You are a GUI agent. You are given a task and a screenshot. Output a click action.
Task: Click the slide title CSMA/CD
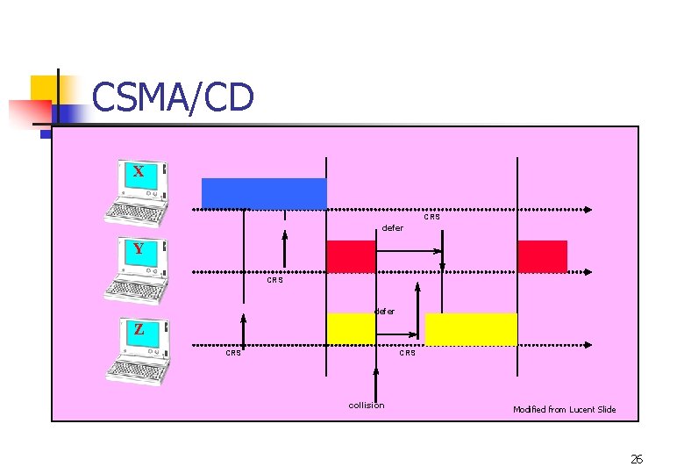pos(173,97)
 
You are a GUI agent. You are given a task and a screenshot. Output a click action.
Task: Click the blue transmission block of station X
pos(264,193)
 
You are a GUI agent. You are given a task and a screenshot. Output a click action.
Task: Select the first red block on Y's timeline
pos(351,256)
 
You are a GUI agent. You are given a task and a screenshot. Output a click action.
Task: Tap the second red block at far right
pos(542,256)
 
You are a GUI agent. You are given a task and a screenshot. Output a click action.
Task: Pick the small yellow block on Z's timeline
pos(351,328)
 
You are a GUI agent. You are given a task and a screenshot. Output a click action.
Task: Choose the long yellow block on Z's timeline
pos(471,329)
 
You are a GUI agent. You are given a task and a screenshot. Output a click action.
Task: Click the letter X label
pos(139,171)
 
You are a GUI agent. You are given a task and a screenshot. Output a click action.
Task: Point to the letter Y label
pos(139,249)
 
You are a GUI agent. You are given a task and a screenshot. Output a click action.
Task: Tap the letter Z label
pos(139,330)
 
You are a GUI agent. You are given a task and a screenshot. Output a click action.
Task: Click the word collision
pos(367,406)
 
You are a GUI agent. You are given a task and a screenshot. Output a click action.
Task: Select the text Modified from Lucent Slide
pos(564,409)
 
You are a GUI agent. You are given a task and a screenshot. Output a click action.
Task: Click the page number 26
pos(637,459)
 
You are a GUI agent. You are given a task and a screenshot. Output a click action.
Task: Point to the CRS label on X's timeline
pos(432,217)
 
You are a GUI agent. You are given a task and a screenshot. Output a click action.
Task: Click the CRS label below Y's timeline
pos(274,281)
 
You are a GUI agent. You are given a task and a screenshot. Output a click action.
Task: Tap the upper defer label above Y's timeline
pos(393,228)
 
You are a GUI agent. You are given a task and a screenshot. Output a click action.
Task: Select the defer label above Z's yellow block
pos(384,311)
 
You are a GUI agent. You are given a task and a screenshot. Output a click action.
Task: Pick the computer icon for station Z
pos(138,351)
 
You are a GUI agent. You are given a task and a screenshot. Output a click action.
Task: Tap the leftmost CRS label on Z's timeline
pos(233,353)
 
